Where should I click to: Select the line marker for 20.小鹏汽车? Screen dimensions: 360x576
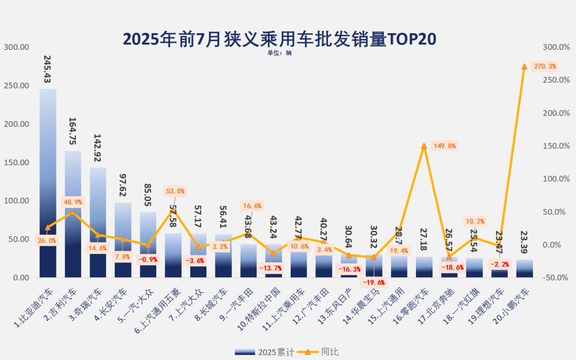[524, 66]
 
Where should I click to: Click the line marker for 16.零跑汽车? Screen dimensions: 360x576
[424, 146]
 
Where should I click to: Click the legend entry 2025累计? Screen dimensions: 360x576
[265, 352]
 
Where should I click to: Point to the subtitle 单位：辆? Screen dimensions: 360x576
[279, 53]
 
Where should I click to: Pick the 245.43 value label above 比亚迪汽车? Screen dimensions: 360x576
[48, 69]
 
